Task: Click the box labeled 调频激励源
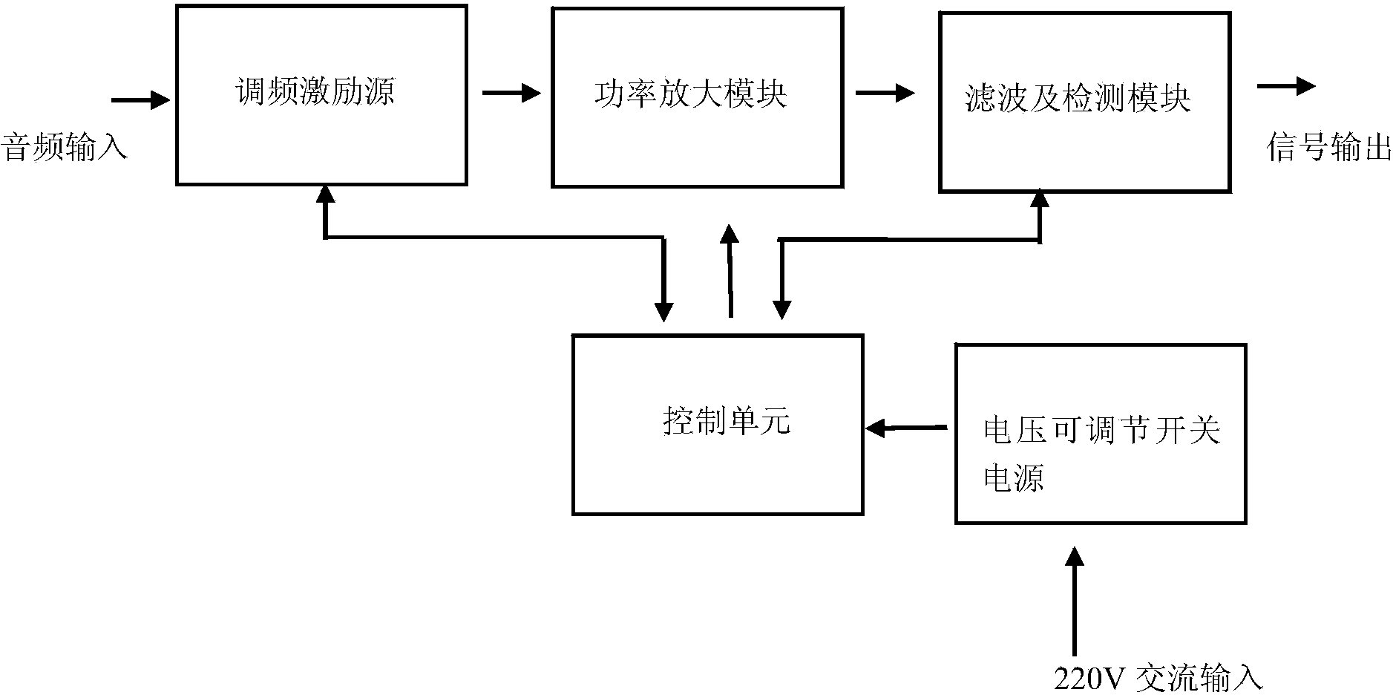(x=321, y=94)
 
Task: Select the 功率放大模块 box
(x=697, y=97)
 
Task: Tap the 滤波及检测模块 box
(x=1084, y=102)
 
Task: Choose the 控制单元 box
(x=717, y=424)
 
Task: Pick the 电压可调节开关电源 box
(x=1100, y=434)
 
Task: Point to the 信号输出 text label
(x=1328, y=148)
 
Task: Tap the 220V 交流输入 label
(x=1157, y=678)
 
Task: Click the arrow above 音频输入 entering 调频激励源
(x=140, y=99)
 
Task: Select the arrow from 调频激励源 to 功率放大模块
(x=511, y=93)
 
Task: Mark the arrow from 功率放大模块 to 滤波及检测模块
(x=885, y=93)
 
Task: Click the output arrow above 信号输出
(x=1286, y=86)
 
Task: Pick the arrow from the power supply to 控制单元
(x=907, y=428)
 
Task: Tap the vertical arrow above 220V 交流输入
(x=1073, y=601)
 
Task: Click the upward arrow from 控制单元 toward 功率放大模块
(x=730, y=271)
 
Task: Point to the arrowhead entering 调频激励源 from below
(x=325, y=195)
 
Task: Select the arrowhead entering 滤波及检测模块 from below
(x=1040, y=199)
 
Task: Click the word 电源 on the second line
(x=1014, y=477)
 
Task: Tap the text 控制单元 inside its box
(x=726, y=422)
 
